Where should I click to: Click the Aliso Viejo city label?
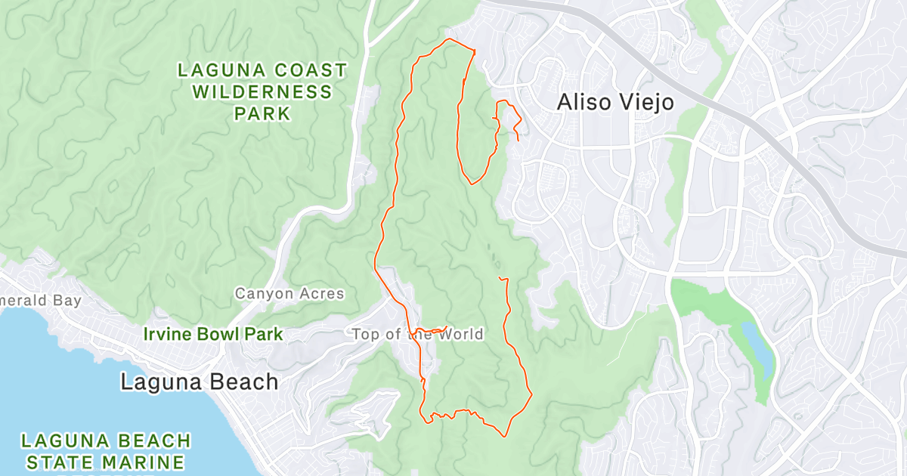[614, 102]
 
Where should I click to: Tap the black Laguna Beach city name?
[199, 382]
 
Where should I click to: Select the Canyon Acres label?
[289, 293]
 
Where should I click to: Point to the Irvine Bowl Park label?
[213, 334]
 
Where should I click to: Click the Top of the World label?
[417, 334]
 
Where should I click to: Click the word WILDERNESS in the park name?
[262, 92]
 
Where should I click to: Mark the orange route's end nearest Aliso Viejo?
[518, 141]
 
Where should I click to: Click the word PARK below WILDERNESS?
[262, 114]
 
